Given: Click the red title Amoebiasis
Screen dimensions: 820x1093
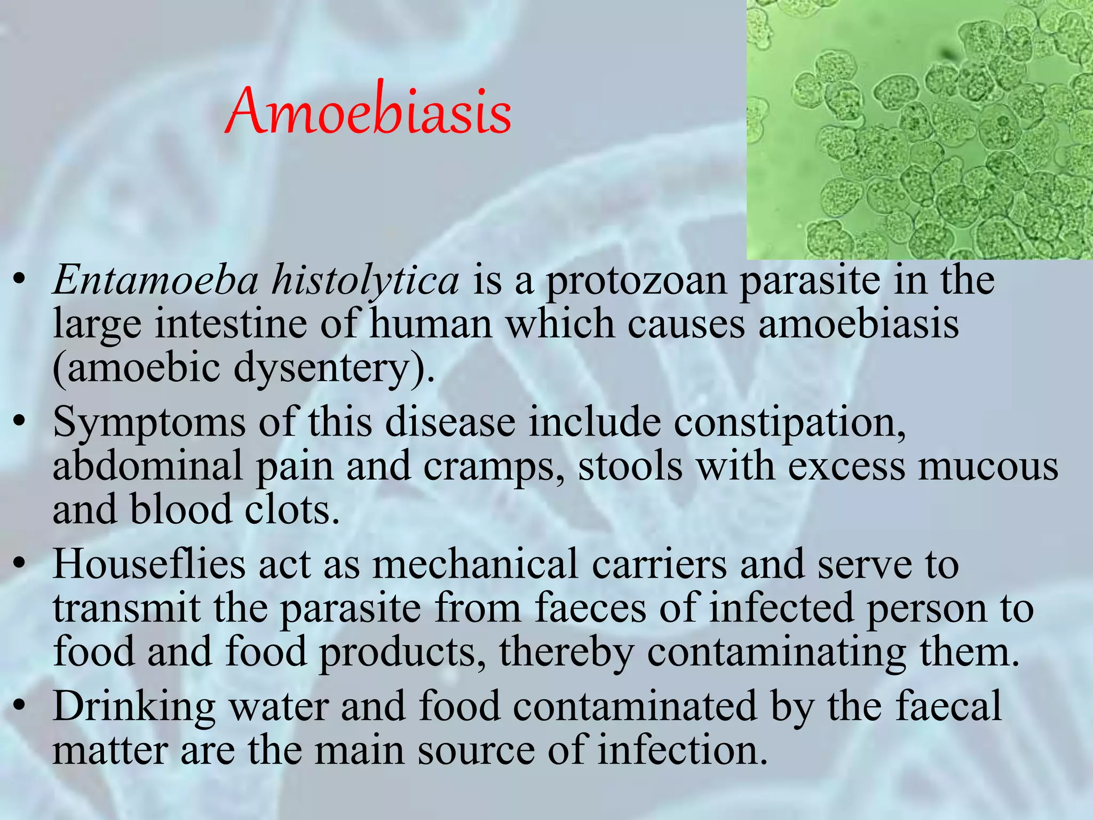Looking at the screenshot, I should (368, 111).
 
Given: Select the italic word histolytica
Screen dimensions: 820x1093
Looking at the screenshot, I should (365, 281).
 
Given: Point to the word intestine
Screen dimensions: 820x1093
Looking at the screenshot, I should (231, 325).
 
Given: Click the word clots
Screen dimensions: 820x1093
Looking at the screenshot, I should (292, 510).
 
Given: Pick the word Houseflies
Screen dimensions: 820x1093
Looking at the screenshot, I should (149, 564).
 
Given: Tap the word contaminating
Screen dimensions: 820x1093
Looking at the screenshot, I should (777, 653).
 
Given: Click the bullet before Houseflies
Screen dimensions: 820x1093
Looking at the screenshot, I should (20, 564).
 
